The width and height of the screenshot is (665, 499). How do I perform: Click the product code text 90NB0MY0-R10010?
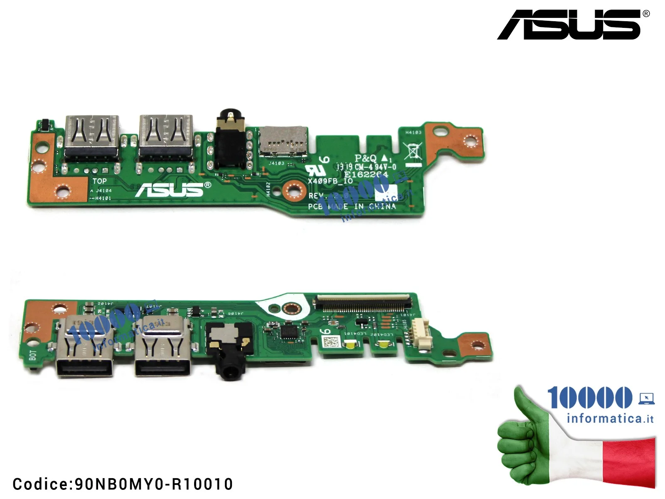(123, 484)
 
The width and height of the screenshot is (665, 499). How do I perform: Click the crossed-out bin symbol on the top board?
(413, 151)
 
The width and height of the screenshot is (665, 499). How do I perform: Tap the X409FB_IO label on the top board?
(330, 181)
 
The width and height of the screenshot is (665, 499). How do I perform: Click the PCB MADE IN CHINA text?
(352, 206)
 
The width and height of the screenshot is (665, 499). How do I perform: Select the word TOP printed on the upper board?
(99, 181)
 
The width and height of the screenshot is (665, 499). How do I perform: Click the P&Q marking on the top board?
(365, 158)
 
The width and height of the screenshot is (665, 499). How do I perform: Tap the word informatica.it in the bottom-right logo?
(610, 418)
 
